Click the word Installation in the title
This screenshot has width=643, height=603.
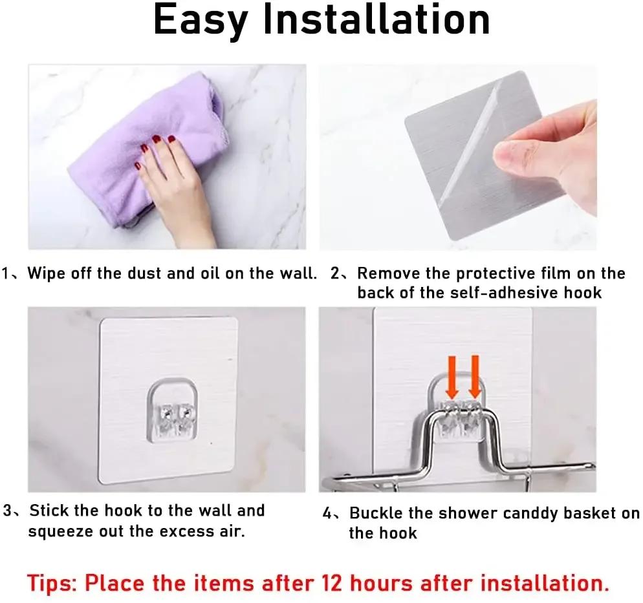click(376, 19)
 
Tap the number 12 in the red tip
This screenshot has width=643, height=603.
click(331, 583)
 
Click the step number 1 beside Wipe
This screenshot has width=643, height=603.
click(6, 273)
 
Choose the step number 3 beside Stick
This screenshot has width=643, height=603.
click(7, 511)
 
